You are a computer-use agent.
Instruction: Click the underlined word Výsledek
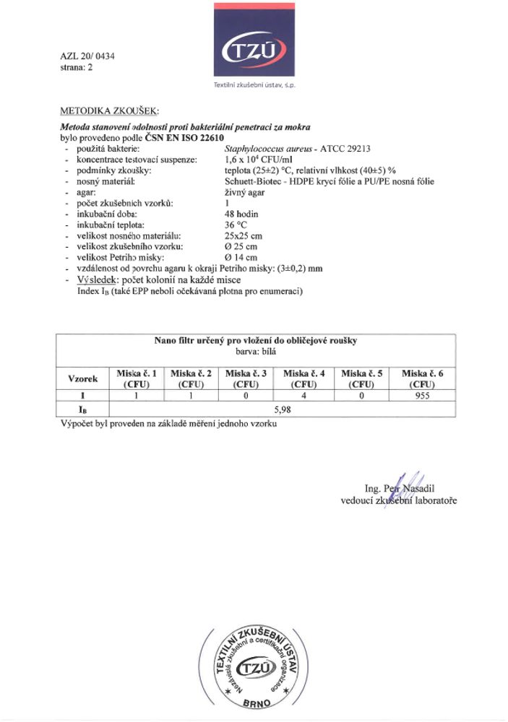[x=97, y=279]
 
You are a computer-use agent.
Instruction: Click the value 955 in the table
[x=423, y=396]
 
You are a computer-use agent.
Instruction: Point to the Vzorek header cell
[x=82, y=378]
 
